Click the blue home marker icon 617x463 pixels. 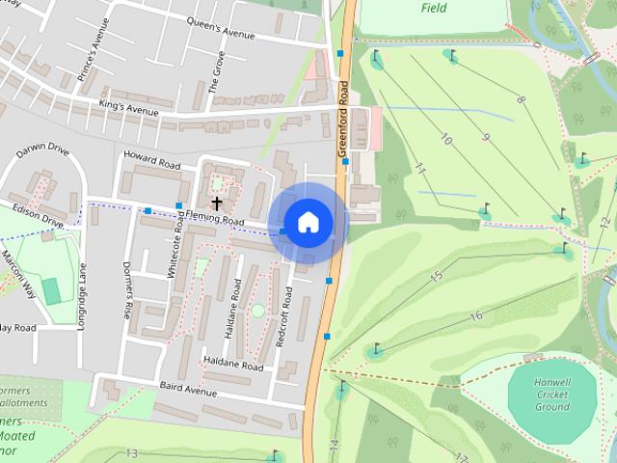click(x=308, y=223)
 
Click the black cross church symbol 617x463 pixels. click(x=217, y=203)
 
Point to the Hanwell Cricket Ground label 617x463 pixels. click(x=551, y=394)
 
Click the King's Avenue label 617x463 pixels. click(x=128, y=107)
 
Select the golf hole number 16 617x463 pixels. click(x=475, y=315)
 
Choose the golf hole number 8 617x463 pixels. click(x=521, y=98)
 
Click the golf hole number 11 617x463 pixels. click(x=420, y=169)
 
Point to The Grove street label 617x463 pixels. click(x=218, y=70)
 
